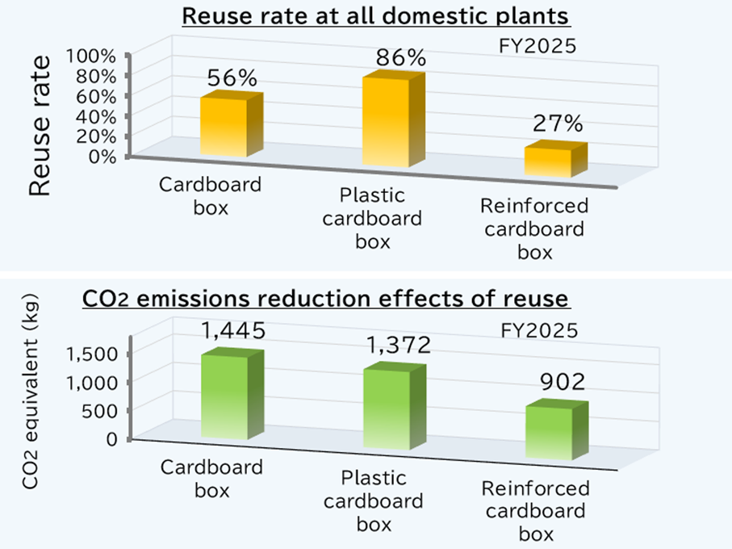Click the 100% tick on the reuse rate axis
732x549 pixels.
98,57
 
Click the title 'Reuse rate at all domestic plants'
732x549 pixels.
376,16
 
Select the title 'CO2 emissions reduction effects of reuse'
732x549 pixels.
326,300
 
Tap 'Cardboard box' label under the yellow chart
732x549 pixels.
211,195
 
